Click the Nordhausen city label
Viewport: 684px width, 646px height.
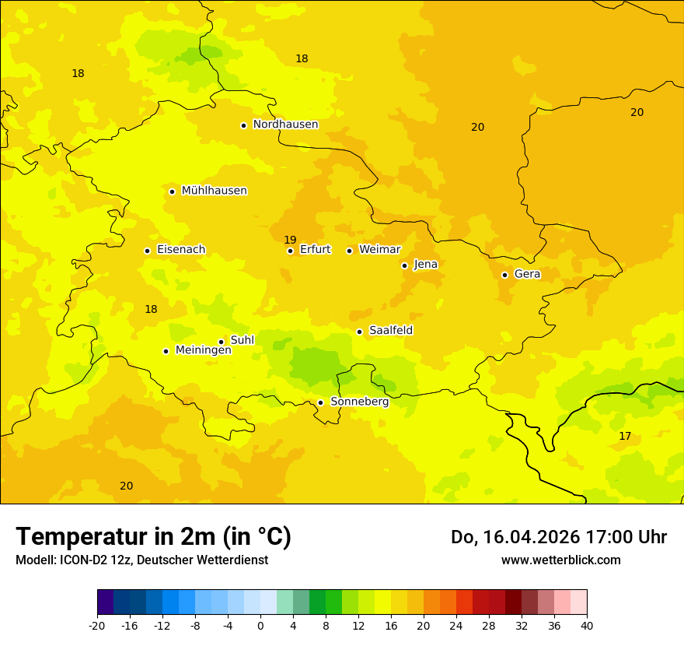pyautogui.click(x=285, y=125)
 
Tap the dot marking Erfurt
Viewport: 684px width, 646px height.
pyautogui.click(x=290, y=251)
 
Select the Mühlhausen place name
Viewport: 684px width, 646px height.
pyautogui.click(x=214, y=191)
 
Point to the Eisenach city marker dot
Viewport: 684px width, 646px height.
pyautogui.click(x=147, y=251)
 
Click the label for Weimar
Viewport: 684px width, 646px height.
pyautogui.click(x=379, y=250)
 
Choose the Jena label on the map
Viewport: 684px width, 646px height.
pyautogui.click(x=425, y=265)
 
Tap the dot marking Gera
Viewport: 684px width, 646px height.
pyautogui.click(x=504, y=275)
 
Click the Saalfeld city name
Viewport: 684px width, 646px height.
pyautogui.click(x=390, y=331)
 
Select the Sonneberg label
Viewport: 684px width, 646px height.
pyautogui.click(x=359, y=402)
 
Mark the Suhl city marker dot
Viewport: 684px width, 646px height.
pyautogui.click(x=221, y=342)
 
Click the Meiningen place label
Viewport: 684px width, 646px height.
pyautogui.click(x=203, y=350)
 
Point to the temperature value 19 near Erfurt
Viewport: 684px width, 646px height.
pyautogui.click(x=290, y=240)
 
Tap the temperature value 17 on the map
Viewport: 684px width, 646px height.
pyautogui.click(x=625, y=436)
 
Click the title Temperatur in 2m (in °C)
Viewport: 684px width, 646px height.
pyautogui.click(x=153, y=537)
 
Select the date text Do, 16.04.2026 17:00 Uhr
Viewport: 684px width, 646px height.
pyautogui.click(x=558, y=537)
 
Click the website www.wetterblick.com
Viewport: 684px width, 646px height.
pyautogui.click(x=560, y=560)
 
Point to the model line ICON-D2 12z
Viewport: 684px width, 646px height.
pyautogui.click(x=141, y=560)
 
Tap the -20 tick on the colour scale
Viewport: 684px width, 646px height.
pyautogui.click(x=97, y=625)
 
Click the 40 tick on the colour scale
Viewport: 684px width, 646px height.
pyautogui.click(x=586, y=625)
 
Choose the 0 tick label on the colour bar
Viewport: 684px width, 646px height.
pyautogui.click(x=260, y=625)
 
